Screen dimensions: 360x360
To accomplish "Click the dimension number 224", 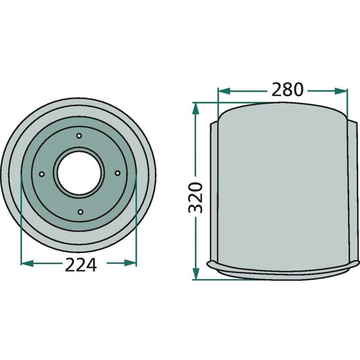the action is tap(81, 265).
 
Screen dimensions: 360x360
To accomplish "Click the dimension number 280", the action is tap(288, 89).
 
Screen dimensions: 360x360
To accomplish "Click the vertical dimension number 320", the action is tap(195, 198).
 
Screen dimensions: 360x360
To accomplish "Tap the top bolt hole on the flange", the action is tap(79, 136).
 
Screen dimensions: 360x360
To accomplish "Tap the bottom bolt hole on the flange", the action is tap(80, 211).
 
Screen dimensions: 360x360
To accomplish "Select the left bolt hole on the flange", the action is tap(41, 174).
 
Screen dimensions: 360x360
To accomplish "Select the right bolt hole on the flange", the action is tap(117, 173).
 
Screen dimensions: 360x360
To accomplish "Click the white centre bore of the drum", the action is tap(79, 173).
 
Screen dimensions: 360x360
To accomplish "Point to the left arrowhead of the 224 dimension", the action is tap(27, 263).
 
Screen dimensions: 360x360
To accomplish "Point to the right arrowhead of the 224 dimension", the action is tap(130, 263).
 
